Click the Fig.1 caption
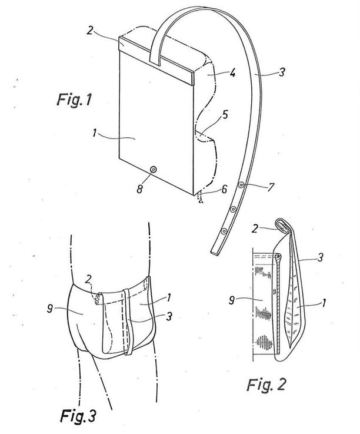[x=74, y=100]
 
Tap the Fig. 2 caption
[x=266, y=385]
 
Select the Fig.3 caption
[x=78, y=416]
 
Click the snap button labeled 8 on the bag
[x=153, y=170]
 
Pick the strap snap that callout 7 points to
[x=242, y=184]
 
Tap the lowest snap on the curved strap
[x=224, y=231]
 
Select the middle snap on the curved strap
[x=234, y=208]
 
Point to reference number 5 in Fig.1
[x=225, y=114]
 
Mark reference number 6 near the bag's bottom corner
[x=225, y=189]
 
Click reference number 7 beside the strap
[x=271, y=187]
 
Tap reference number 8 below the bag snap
[x=140, y=189]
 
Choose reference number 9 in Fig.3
[x=50, y=308]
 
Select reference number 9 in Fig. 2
[x=232, y=300]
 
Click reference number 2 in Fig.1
[x=89, y=30]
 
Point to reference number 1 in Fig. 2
[x=324, y=303]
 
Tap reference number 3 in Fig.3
[x=169, y=316]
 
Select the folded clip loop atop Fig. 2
[x=282, y=224]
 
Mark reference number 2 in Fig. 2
[x=255, y=228]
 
